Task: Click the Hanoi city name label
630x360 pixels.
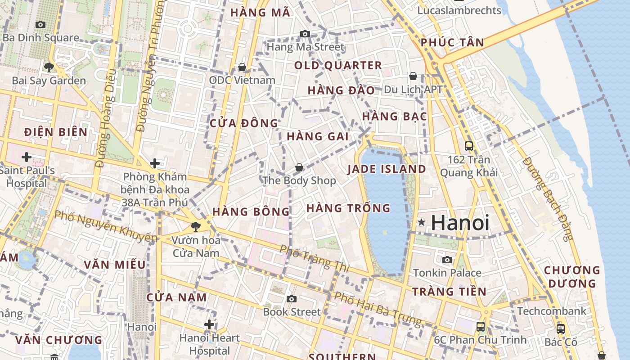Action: click(x=460, y=223)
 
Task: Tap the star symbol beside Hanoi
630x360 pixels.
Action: click(x=421, y=222)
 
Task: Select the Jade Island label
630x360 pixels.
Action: click(x=387, y=169)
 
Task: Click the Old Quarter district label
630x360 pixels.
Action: click(x=338, y=66)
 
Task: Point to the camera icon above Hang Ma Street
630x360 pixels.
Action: click(x=305, y=34)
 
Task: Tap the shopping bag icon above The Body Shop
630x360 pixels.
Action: click(x=299, y=168)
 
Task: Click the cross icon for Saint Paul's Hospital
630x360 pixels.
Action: click(x=27, y=157)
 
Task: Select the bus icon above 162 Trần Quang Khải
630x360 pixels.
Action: click(x=469, y=146)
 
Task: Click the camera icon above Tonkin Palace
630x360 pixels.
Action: click(x=447, y=260)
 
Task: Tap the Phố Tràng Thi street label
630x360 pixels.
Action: click(x=314, y=258)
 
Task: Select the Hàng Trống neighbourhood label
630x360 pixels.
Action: click(x=348, y=208)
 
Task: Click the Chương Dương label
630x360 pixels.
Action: click(x=572, y=277)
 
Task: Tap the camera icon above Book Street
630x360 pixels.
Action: click(x=292, y=299)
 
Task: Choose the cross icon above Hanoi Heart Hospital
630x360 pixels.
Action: click(x=209, y=324)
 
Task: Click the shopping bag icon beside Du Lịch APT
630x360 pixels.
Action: click(x=413, y=76)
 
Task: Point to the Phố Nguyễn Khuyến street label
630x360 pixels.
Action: click(x=106, y=226)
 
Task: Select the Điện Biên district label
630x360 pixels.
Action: click(x=56, y=132)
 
